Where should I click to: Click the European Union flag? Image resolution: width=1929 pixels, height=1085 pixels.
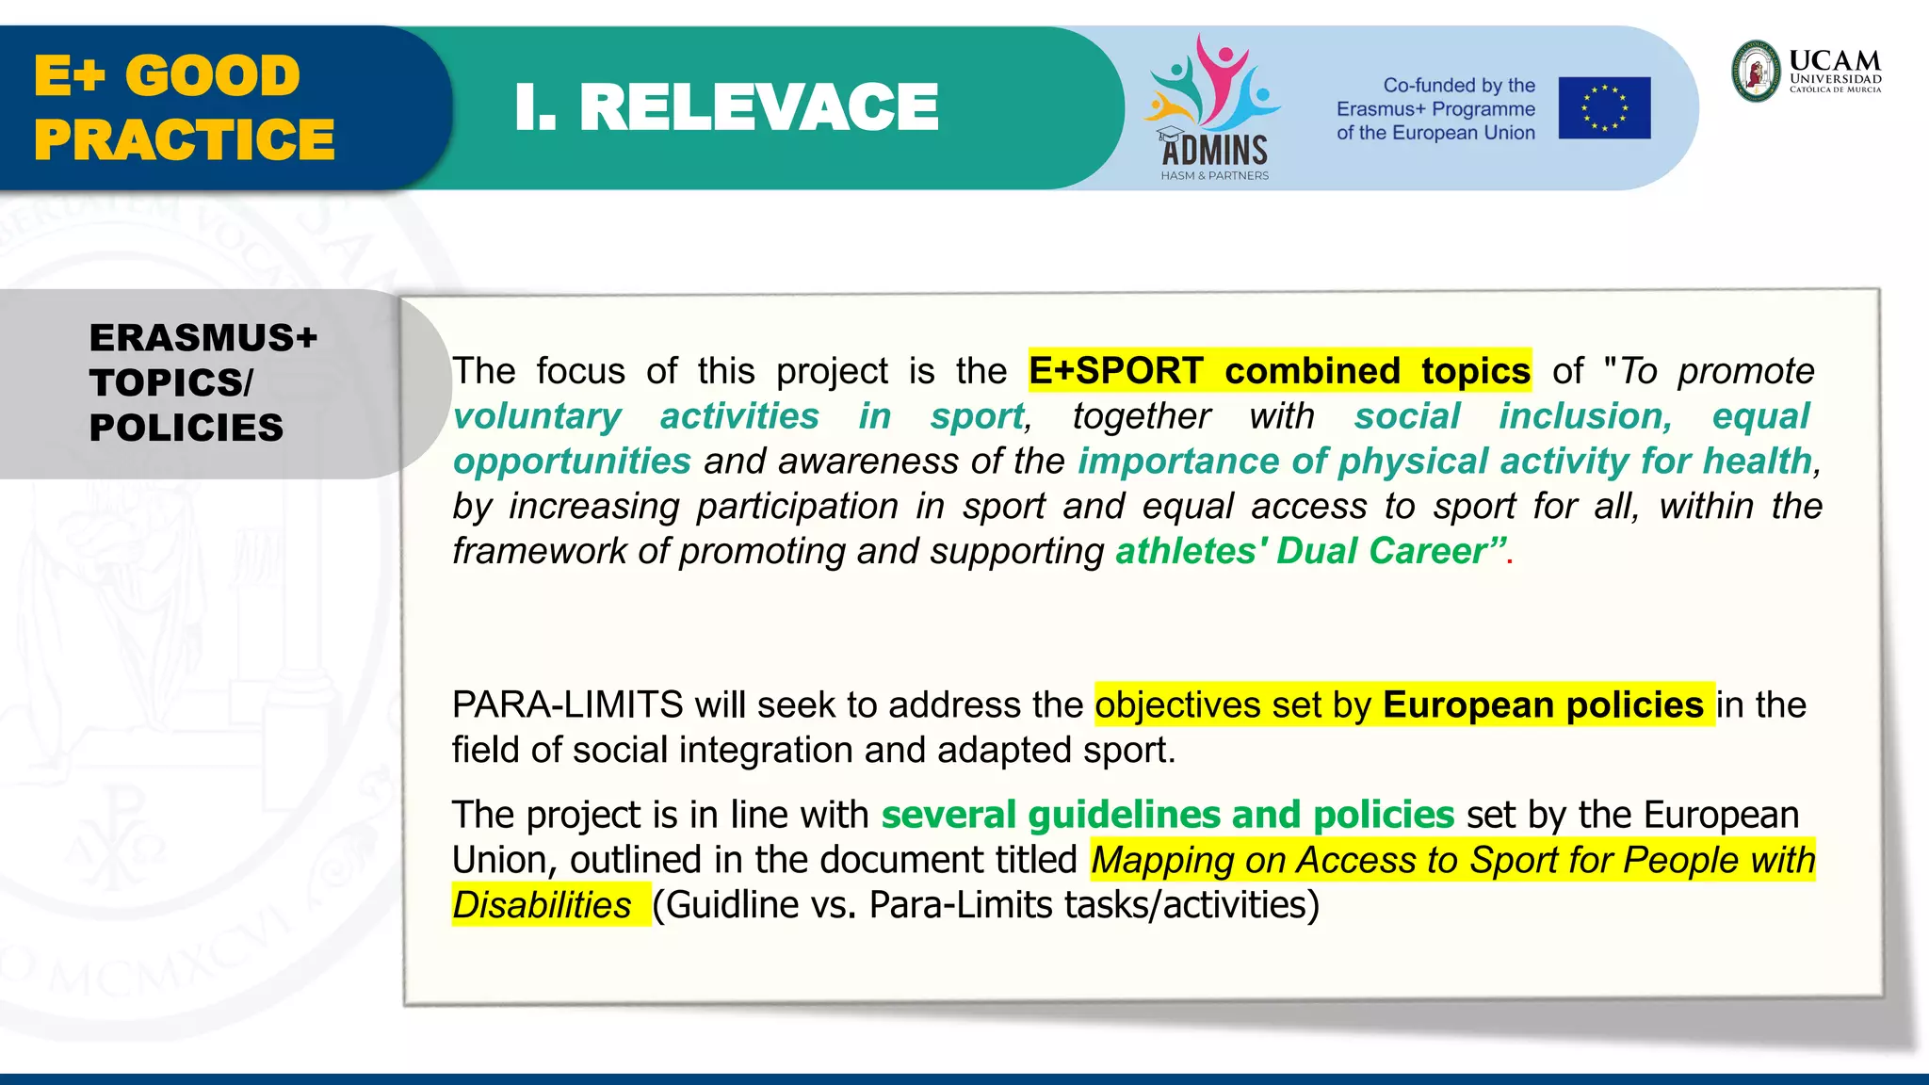pyautogui.click(x=1604, y=108)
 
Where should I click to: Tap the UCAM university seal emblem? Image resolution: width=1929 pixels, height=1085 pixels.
pyautogui.click(x=1757, y=72)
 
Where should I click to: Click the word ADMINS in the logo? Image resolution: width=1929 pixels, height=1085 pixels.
pyautogui.click(x=1214, y=151)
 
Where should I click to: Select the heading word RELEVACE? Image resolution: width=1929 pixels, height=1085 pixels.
pyautogui.click(x=758, y=107)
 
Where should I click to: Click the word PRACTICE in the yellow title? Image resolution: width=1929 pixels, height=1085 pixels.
pyautogui.click(x=185, y=140)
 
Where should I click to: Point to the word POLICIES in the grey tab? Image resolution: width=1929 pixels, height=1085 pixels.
pyautogui.click(x=186, y=429)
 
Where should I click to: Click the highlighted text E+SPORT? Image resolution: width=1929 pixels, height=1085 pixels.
pyautogui.click(x=1115, y=371)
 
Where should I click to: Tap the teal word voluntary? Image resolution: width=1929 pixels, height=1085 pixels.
pyautogui.click(x=537, y=416)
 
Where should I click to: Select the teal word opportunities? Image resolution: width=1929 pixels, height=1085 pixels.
pyautogui.click(x=572, y=462)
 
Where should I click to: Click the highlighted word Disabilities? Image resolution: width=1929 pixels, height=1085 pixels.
pyautogui.click(x=542, y=905)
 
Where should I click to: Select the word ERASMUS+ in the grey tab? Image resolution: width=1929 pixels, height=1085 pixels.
pyautogui.click(x=203, y=338)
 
